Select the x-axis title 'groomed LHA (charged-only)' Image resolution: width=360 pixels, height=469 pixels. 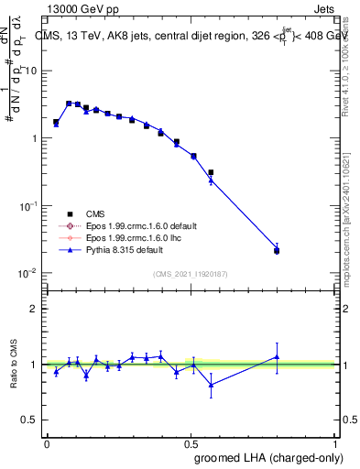[x=267, y=457]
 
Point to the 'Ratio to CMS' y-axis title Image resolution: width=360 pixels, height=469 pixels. [x=15, y=364]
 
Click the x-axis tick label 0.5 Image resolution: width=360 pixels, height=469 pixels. [x=190, y=442]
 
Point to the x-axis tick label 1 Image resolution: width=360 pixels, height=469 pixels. [x=333, y=442]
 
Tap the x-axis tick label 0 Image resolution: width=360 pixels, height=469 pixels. [x=47, y=442]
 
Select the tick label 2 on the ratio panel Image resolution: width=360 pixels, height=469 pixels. [x=35, y=309]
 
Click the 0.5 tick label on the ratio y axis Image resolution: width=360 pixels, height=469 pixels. [x=30, y=420]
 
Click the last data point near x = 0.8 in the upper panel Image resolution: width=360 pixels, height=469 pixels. [x=277, y=250]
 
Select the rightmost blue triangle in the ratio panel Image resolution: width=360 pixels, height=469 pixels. [x=277, y=357]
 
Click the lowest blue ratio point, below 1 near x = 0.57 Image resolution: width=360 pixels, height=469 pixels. [x=211, y=385]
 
